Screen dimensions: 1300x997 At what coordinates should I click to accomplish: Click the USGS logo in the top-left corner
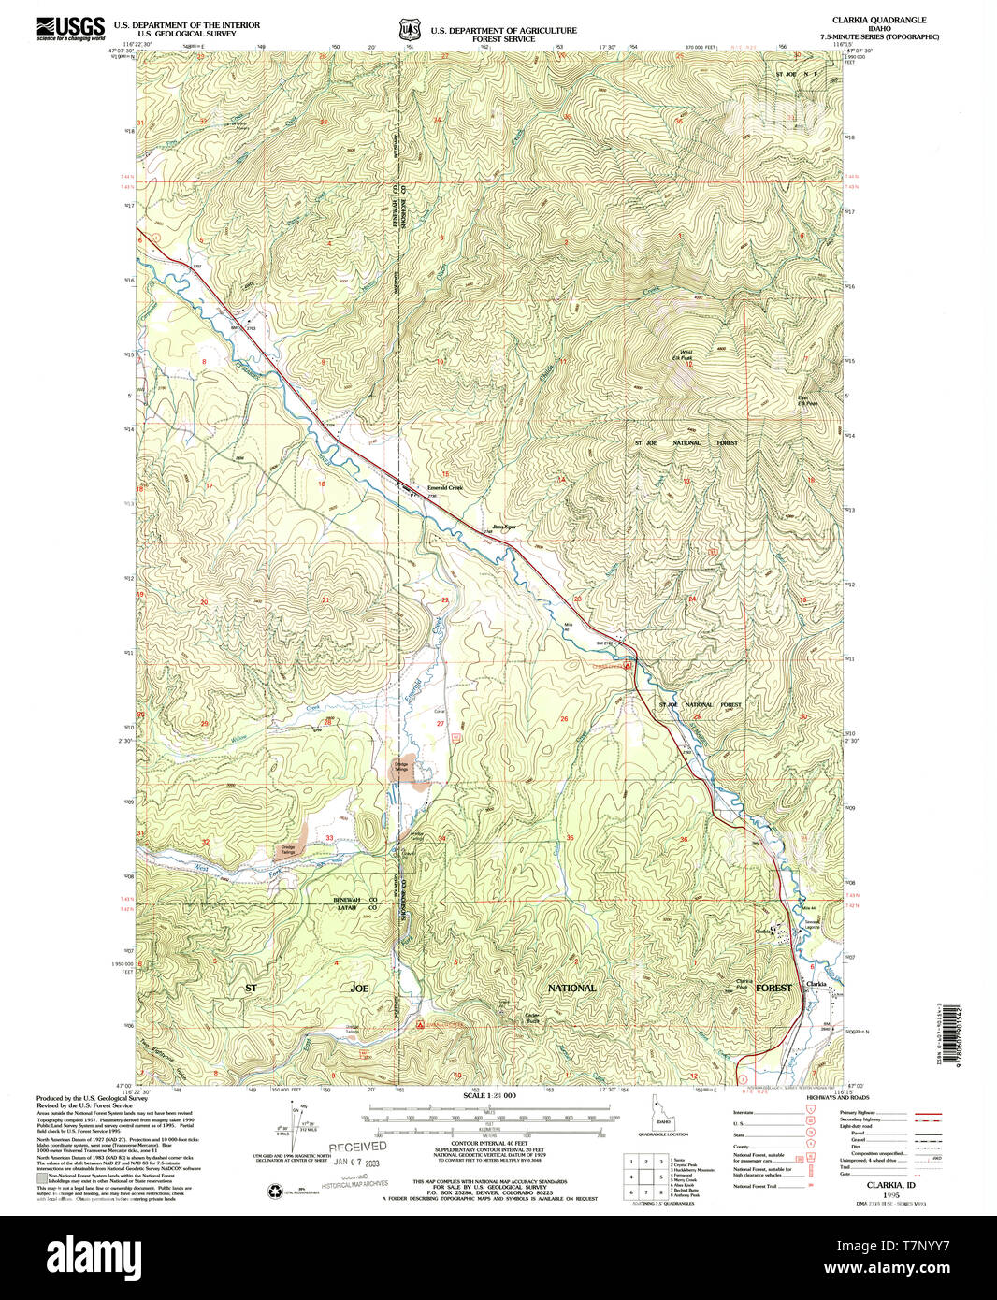(71, 28)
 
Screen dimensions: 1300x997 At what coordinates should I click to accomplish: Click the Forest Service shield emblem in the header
(409, 30)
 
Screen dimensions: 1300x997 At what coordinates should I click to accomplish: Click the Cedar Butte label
(534, 1018)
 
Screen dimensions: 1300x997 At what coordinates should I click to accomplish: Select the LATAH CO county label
(355, 906)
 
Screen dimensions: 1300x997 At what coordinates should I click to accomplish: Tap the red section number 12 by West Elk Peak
(688, 364)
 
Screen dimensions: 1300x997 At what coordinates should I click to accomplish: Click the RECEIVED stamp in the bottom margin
(356, 1146)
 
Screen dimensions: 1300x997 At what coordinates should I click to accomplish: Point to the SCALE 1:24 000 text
(489, 1095)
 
